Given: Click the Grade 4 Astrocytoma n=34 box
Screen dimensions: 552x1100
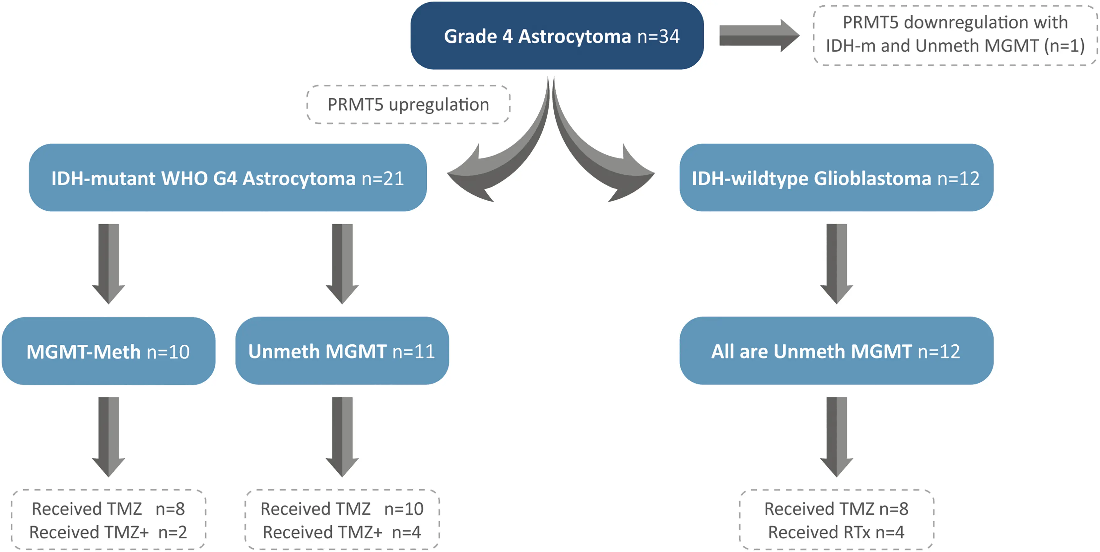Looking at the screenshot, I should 557,36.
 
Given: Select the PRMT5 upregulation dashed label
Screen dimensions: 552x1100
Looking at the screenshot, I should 408,105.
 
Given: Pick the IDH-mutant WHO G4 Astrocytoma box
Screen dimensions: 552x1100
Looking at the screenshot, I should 228,178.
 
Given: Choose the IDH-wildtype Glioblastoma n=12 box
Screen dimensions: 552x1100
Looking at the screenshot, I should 836,178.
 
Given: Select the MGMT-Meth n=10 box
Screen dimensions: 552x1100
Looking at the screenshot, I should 108,351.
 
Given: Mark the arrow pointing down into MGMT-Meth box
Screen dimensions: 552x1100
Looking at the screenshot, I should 108,263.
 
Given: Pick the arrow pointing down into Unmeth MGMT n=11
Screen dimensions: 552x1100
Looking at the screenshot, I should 342,263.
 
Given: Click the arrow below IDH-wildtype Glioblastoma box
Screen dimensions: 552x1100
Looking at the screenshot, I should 836,263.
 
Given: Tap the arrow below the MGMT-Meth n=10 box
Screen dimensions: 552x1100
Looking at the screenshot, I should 108,436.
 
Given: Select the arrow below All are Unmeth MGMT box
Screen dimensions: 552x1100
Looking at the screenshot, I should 836,436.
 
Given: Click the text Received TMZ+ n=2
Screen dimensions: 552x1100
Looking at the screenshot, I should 108,532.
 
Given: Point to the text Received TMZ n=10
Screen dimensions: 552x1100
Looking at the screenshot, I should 342,509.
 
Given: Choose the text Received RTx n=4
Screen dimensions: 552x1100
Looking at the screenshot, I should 836,532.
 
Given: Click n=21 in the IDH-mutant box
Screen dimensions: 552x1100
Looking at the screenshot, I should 383,178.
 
